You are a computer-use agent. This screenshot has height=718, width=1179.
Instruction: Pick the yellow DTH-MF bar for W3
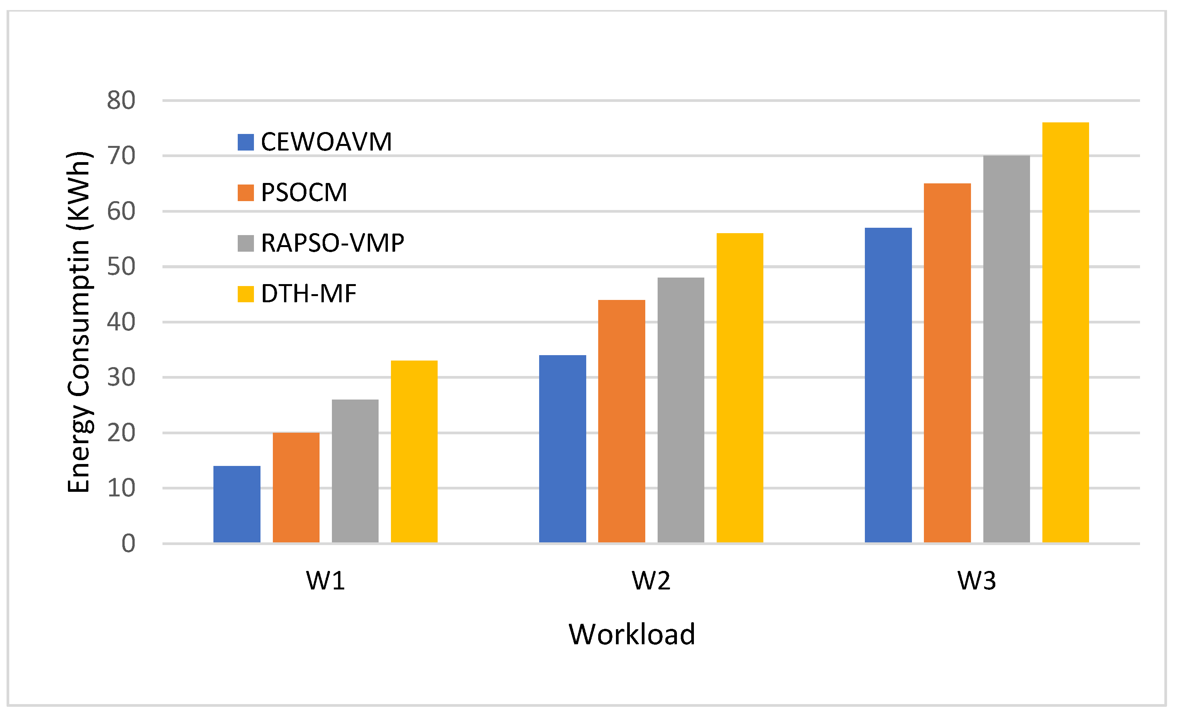click(x=1065, y=332)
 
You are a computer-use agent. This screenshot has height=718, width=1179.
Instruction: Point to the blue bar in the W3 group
click(x=888, y=385)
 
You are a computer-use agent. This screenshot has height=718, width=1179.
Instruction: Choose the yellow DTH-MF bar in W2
click(x=740, y=388)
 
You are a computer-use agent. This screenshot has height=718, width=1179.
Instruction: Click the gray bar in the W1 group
click(x=355, y=471)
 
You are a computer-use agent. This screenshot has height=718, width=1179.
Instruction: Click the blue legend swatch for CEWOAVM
click(x=245, y=142)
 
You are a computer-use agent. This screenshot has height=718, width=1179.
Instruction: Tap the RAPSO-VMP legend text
click(x=333, y=243)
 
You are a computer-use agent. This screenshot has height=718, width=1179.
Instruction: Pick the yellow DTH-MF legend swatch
click(x=245, y=294)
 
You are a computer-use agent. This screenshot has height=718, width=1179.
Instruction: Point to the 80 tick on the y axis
click(x=121, y=100)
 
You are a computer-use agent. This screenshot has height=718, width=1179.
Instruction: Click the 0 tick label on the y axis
click(x=128, y=544)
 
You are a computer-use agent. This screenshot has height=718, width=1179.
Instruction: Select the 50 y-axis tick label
click(x=121, y=267)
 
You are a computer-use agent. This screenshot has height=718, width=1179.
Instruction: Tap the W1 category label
click(x=325, y=581)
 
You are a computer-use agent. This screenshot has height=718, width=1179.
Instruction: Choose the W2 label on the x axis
click(x=651, y=581)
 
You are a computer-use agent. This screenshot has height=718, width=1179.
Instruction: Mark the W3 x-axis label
click(x=977, y=581)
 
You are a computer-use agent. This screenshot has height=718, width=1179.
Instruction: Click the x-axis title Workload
click(x=632, y=635)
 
